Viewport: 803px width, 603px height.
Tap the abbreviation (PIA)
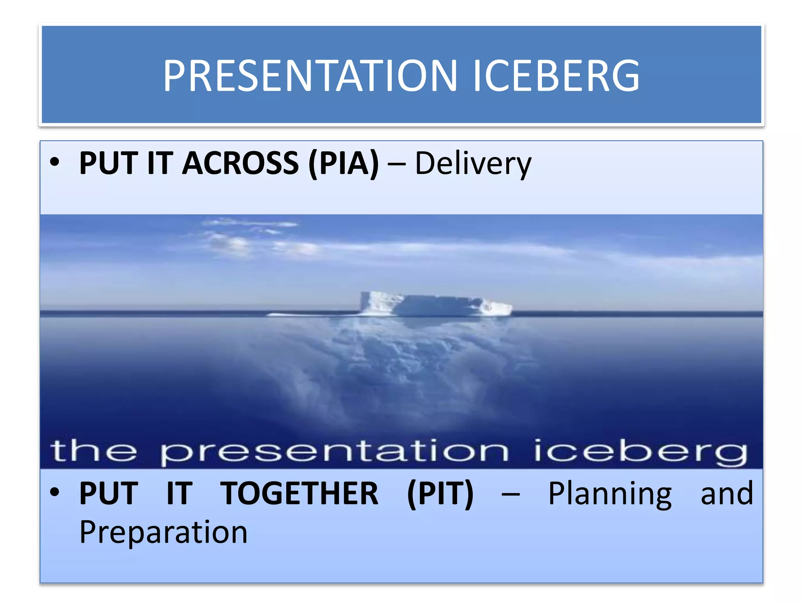(x=344, y=163)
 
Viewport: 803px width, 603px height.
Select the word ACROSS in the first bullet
(x=240, y=163)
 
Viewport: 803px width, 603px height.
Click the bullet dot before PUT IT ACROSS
(x=55, y=162)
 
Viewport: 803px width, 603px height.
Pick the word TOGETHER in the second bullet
(x=299, y=493)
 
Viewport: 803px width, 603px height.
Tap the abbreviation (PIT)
(x=440, y=493)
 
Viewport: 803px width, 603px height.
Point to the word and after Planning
(x=727, y=493)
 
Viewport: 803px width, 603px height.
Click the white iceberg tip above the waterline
(x=435, y=304)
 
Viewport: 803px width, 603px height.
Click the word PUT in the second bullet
(x=108, y=493)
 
